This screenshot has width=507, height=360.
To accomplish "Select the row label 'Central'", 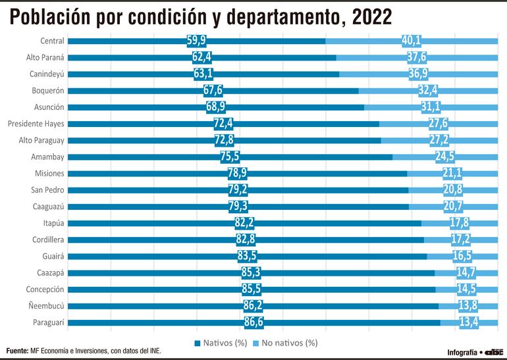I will point(51,41).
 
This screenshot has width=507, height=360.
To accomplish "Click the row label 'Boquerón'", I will point(48,90).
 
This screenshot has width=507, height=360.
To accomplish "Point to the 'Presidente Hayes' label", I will point(36,123).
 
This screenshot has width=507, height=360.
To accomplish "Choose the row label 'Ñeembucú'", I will point(46,306).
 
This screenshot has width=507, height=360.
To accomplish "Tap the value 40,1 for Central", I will point(412,41).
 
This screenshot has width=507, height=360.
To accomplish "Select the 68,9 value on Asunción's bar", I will point(217,107).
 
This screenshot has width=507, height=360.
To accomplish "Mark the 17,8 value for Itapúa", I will point(460,223).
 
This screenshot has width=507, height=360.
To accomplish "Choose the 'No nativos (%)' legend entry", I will point(290,343).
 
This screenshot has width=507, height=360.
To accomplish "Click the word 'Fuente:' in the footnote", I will point(18,351).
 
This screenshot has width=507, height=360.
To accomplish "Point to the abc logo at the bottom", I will point(493,352).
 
